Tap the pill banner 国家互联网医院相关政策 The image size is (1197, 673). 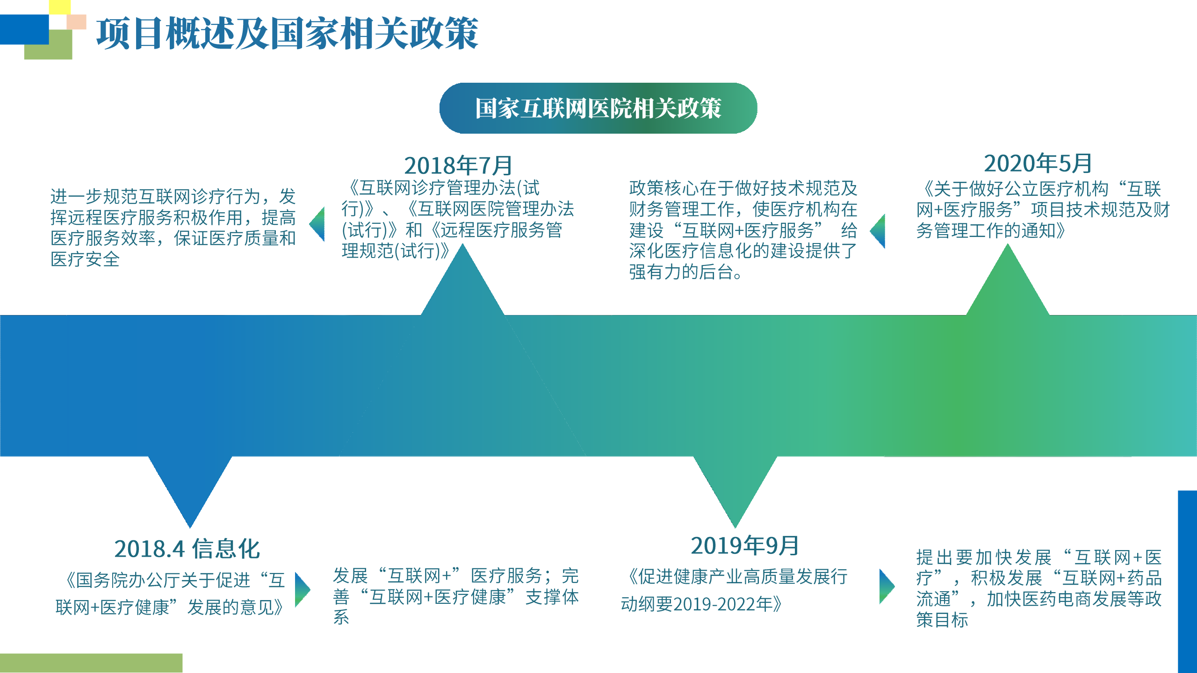598,108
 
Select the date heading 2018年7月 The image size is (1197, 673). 458,165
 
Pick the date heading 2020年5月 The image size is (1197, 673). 1038,163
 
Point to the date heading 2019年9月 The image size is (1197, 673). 744,545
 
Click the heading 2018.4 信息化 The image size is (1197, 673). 187,549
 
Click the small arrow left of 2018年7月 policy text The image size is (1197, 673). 317,224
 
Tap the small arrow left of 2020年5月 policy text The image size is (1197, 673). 878,231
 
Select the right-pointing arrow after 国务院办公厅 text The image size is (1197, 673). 303,590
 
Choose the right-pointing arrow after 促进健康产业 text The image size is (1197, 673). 887,586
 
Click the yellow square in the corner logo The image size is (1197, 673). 60,7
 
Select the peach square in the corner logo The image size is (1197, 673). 77,21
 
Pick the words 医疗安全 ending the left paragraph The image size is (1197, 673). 85,259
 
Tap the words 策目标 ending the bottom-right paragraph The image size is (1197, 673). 942,620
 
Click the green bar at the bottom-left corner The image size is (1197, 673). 91,663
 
